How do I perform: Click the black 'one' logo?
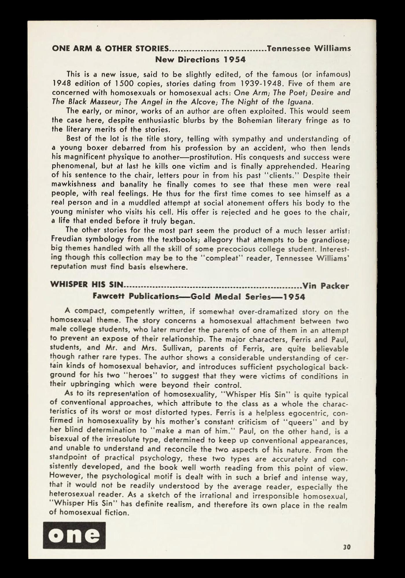coord(74,535)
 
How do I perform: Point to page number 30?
coord(347,547)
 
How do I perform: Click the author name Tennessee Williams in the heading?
coord(309,48)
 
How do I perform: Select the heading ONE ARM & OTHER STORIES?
coord(110,49)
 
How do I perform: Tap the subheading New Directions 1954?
coord(200,60)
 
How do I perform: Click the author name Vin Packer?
coord(326,286)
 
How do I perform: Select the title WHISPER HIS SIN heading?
coord(87,285)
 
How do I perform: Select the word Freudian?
coord(67,239)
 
